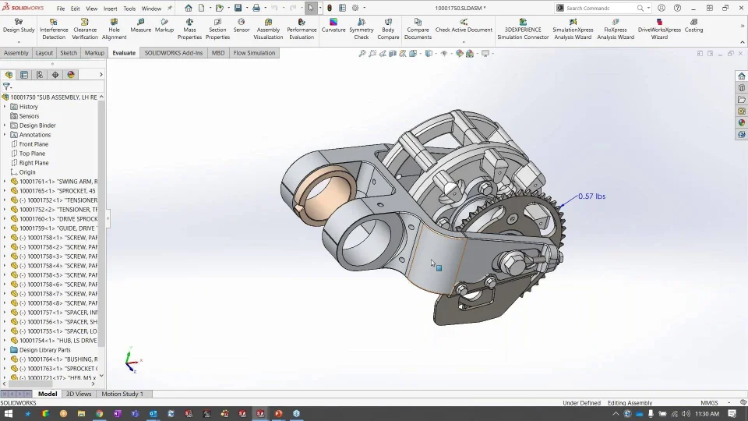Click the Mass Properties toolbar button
coord(189,29)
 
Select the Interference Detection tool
coord(54,29)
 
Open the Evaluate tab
coord(124,53)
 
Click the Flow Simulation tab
coord(254,53)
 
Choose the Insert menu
coord(111,9)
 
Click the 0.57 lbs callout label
coord(591,196)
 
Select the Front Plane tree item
coord(34,144)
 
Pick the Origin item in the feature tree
coord(27,172)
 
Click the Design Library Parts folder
coord(44,350)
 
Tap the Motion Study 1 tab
coord(122,394)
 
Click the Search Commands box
coord(600,8)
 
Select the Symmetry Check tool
coord(362,29)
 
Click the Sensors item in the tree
coord(29,116)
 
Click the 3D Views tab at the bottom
coord(79,394)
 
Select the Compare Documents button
coord(418,29)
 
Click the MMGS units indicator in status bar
coord(709,403)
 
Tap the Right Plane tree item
coord(34,163)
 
